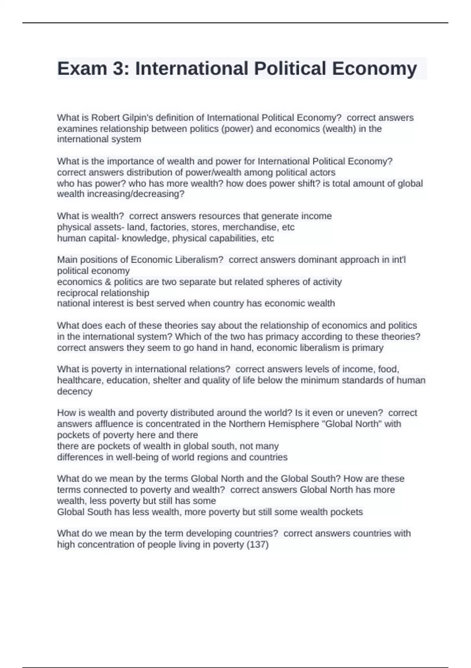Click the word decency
pyautogui.click(x=75, y=391)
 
